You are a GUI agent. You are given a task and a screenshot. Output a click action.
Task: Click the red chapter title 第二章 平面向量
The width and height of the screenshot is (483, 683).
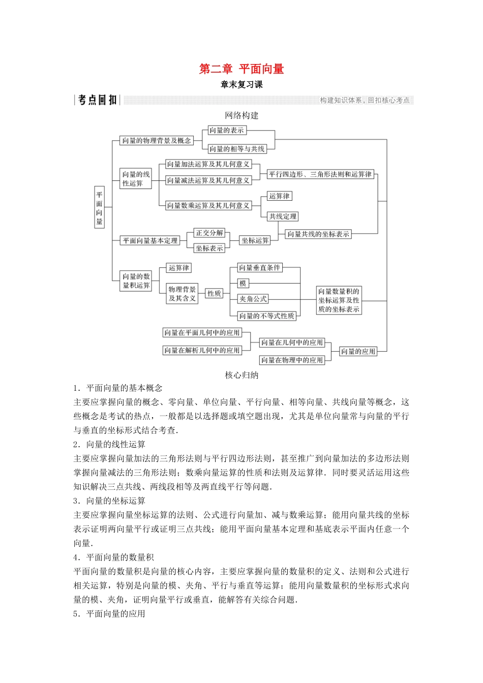tap(242, 69)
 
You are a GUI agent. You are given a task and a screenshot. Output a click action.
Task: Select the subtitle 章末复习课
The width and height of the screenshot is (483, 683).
tap(242, 85)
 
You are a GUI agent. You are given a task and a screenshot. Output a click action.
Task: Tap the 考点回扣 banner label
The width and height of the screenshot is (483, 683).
tap(98, 100)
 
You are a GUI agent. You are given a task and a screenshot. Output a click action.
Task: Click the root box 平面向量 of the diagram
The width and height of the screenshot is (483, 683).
tap(99, 208)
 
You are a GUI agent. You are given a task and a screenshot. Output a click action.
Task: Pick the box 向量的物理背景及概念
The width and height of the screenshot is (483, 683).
tap(156, 141)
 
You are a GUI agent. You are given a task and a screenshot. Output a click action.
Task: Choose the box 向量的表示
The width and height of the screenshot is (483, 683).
tap(227, 131)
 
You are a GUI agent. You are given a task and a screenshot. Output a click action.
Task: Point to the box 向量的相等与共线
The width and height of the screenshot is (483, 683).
tap(237, 149)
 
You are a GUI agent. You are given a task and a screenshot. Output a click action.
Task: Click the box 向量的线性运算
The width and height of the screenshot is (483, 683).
tap(136, 179)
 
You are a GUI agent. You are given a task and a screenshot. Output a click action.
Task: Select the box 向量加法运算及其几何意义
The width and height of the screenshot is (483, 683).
tap(208, 164)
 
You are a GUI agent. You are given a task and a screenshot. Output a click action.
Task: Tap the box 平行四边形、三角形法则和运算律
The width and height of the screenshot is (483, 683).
tap(320, 174)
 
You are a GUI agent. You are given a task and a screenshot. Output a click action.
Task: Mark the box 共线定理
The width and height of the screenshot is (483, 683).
tap(283, 216)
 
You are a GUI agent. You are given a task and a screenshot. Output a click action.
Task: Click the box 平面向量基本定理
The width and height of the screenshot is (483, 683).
tap(150, 241)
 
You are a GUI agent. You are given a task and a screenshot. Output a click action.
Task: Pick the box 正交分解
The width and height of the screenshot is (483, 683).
tap(209, 233)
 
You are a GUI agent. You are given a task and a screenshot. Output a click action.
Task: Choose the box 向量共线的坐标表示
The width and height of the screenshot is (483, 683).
tap(318, 234)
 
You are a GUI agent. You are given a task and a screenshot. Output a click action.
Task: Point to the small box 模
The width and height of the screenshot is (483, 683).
tap(243, 284)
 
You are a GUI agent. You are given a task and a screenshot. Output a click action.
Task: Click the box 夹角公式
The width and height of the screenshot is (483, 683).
tap(253, 299)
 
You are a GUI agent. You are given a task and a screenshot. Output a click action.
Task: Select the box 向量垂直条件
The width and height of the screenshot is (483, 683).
tap(259, 268)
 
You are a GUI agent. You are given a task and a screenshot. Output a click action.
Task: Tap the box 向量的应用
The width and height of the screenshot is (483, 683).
tap(358, 351)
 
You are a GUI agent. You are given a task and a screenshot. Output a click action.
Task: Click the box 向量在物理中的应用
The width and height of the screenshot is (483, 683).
tap(292, 360)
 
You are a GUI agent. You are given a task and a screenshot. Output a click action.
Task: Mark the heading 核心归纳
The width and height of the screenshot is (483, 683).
tap(242, 375)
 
